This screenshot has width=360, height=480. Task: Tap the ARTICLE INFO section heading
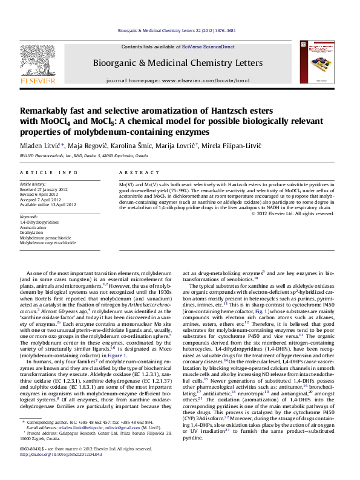pyautogui.click(x=49, y=173)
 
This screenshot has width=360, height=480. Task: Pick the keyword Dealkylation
pyautogui.click(x=31, y=232)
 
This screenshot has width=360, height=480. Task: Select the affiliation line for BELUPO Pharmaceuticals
pyautogui.click(x=83, y=156)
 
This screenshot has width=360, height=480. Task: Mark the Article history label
pyautogui.click(x=33, y=183)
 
